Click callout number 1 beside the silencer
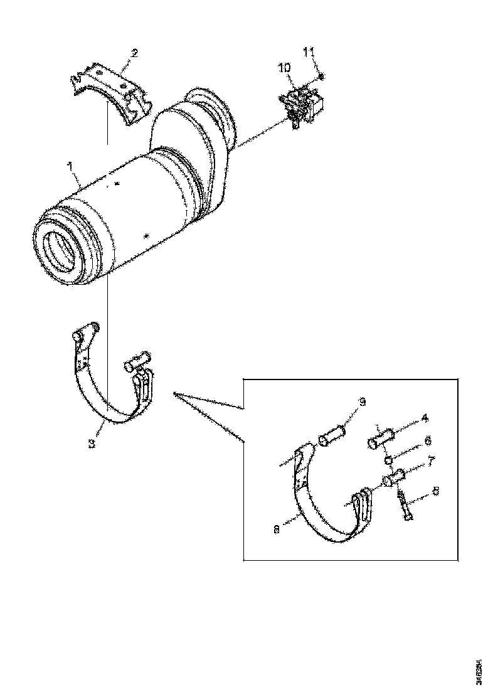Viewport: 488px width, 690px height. tap(70, 166)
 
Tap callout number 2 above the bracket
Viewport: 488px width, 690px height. tap(134, 53)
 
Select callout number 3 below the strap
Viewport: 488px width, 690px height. tap(92, 443)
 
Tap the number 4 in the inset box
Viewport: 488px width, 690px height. tap(425, 417)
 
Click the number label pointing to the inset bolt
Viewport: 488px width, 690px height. tap(436, 492)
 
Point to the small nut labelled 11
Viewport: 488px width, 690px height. tap(321, 77)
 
